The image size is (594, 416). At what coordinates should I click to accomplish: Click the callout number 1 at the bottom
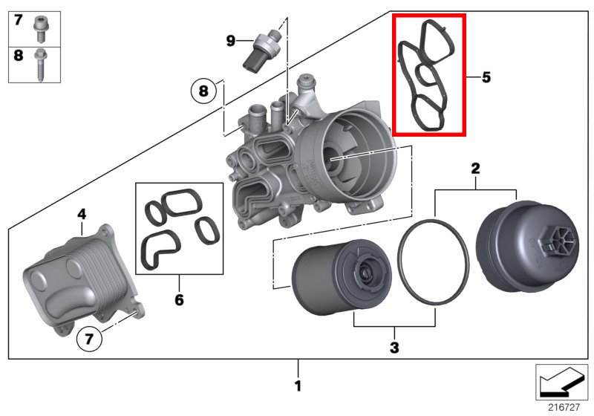click(x=298, y=386)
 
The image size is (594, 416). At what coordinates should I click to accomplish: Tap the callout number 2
click(x=474, y=169)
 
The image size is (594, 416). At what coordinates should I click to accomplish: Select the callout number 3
click(x=394, y=346)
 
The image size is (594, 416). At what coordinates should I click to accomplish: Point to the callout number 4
click(x=82, y=215)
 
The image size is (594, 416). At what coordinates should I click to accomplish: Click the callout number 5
click(x=486, y=77)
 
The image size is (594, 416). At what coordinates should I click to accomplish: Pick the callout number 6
click(x=179, y=300)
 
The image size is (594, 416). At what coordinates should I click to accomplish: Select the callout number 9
click(x=230, y=40)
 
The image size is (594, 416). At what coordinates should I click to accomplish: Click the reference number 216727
click(x=564, y=407)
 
